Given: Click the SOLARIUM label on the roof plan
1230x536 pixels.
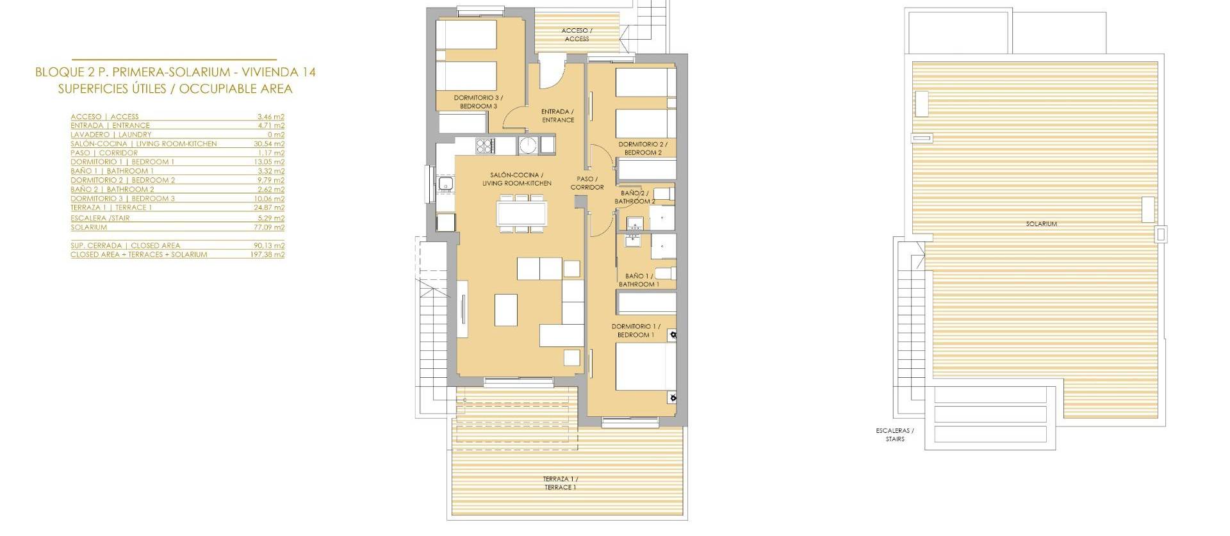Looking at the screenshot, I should point(1041,224).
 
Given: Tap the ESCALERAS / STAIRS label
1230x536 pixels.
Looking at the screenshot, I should point(895,435).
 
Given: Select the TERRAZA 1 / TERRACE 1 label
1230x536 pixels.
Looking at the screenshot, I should point(560,483).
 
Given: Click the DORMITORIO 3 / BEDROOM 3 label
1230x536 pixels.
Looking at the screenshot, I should point(478,102).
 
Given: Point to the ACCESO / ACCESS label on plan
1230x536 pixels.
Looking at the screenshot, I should point(577,35).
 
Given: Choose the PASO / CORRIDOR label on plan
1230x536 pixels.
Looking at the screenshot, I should point(587,183).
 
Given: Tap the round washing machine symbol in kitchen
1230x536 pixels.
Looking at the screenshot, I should point(529,145).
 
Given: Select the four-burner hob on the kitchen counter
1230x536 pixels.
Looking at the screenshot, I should point(484,145).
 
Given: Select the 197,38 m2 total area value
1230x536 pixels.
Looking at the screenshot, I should point(268,255).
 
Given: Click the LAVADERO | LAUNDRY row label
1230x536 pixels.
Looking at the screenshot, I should point(111,135).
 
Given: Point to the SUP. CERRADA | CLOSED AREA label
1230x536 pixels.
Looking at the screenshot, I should point(126,245).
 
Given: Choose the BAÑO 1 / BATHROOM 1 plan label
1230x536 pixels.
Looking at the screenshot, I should point(639,280).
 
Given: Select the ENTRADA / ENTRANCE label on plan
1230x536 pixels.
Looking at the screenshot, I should point(558,116).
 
